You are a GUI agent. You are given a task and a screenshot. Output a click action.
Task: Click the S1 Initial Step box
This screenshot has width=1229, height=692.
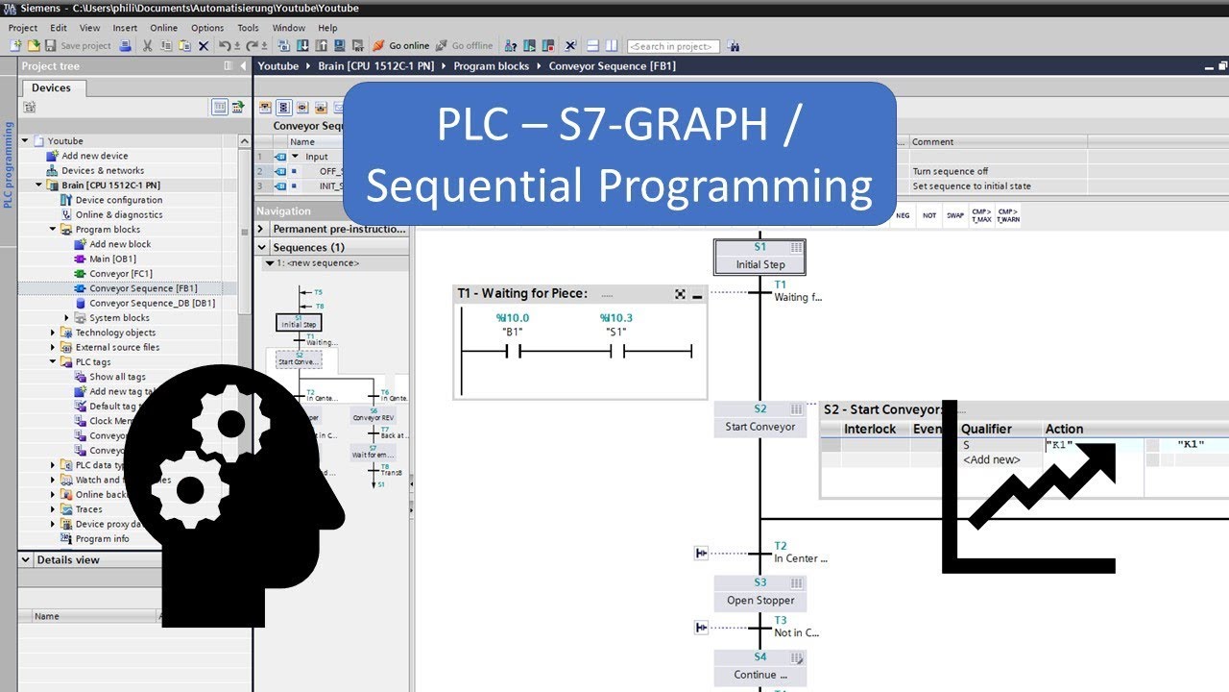pos(759,257)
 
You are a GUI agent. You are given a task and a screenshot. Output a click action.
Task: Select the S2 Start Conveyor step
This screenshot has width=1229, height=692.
pos(759,419)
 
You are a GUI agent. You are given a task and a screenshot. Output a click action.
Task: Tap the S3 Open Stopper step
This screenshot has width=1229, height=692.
pos(759,592)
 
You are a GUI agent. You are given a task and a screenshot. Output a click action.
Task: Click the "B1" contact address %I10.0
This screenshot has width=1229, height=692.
pos(512,318)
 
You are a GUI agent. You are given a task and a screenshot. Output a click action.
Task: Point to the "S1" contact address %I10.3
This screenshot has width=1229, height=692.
pos(616,318)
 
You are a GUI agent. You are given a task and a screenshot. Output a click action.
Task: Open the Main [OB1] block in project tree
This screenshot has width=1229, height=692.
pos(112,259)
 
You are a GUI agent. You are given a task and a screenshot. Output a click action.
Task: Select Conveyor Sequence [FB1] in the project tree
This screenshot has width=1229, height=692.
pos(143,288)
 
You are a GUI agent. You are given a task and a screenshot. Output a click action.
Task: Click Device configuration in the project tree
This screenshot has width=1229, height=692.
pos(119,200)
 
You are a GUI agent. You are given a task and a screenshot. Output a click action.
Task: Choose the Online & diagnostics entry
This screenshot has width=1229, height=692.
pos(119,214)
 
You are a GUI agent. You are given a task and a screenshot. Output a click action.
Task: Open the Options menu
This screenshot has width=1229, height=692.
pos(206,28)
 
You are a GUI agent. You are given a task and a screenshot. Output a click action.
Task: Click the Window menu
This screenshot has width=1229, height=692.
pos(288,28)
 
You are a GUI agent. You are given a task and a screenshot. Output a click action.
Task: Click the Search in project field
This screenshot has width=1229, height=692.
pos(671,46)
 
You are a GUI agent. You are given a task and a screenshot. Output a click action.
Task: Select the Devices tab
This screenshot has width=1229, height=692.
pos(51,87)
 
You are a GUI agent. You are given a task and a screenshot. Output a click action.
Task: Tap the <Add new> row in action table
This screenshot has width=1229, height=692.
pos(991,459)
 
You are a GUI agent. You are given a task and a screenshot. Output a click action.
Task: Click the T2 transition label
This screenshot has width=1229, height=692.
pos(781,546)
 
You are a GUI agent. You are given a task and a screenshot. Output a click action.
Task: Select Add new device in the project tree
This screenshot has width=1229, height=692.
pos(94,156)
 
